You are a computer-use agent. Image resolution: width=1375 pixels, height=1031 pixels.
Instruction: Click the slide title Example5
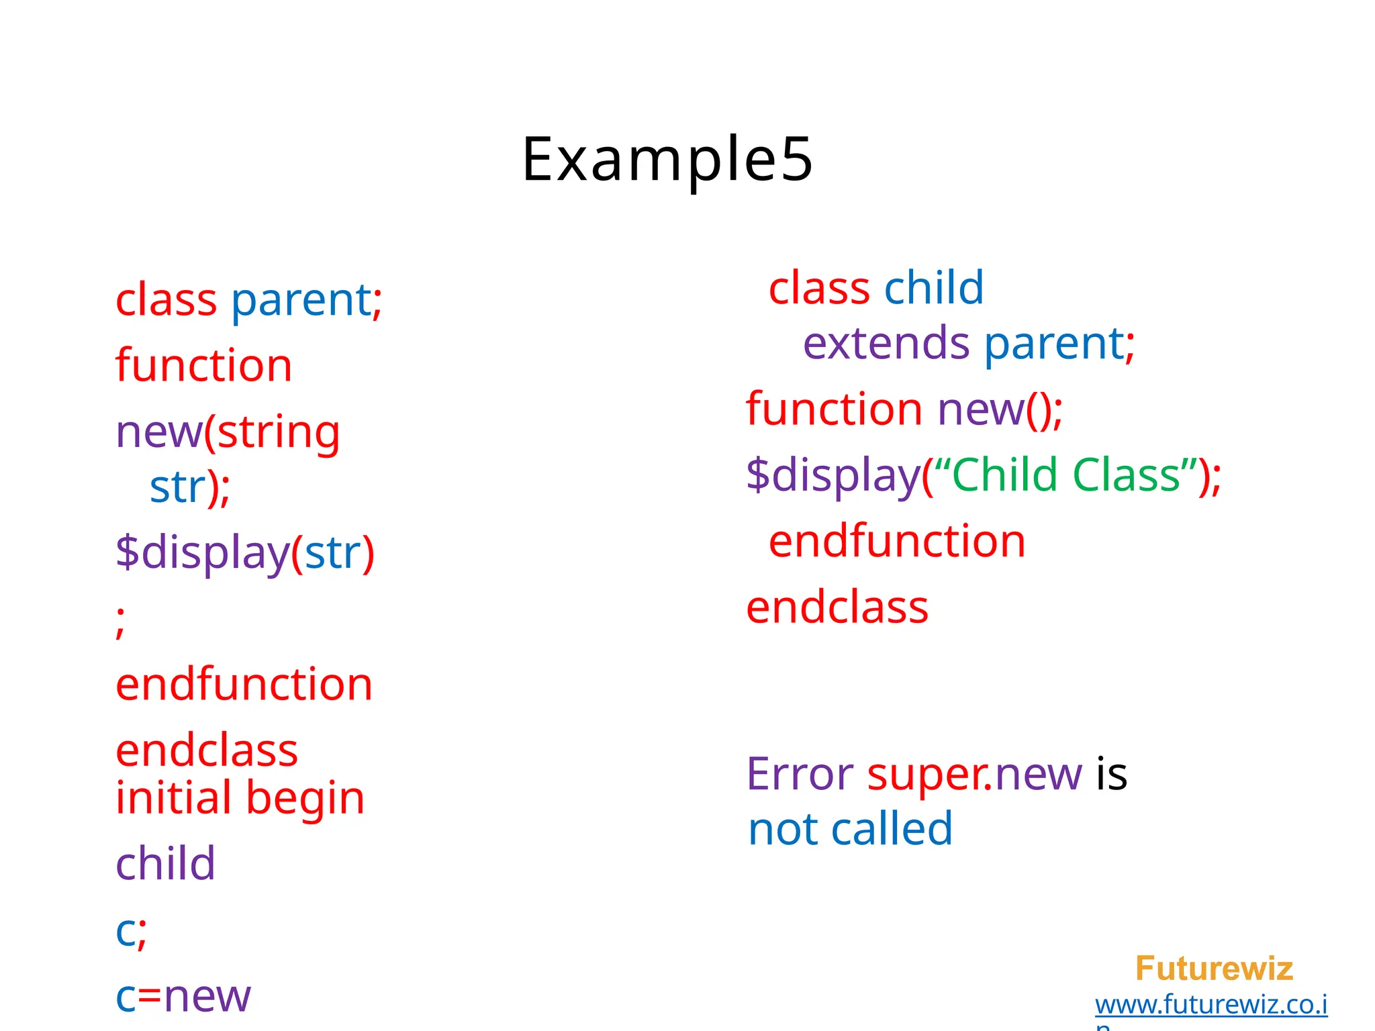(x=667, y=159)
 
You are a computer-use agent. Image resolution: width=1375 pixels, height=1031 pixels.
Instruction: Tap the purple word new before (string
(x=158, y=432)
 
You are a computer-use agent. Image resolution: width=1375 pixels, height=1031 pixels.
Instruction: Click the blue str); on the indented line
(x=189, y=487)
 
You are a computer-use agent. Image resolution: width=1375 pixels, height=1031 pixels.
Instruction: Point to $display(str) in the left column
(x=244, y=552)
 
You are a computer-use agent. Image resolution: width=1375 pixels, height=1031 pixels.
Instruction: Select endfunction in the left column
(x=244, y=685)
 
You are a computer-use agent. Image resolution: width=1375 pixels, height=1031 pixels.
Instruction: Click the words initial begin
(x=240, y=798)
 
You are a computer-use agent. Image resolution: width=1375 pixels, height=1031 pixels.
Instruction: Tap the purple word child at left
(x=165, y=863)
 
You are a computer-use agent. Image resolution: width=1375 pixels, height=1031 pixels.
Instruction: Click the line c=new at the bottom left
(x=183, y=996)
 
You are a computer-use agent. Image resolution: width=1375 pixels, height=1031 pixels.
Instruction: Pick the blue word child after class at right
(x=933, y=288)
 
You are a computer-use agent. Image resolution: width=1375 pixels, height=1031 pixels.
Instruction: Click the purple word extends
(x=886, y=343)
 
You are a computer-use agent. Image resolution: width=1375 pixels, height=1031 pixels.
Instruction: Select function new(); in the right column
(x=904, y=409)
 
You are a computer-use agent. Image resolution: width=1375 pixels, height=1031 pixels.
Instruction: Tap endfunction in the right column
(x=897, y=541)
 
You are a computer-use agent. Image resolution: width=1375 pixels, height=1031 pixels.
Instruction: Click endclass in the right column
(x=837, y=607)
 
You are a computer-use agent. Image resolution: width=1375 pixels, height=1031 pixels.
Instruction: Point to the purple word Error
(x=800, y=774)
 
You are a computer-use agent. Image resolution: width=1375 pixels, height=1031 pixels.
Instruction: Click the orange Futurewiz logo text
(x=1214, y=969)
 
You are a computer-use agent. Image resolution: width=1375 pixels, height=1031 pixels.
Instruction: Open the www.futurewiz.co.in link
(x=1211, y=1005)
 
